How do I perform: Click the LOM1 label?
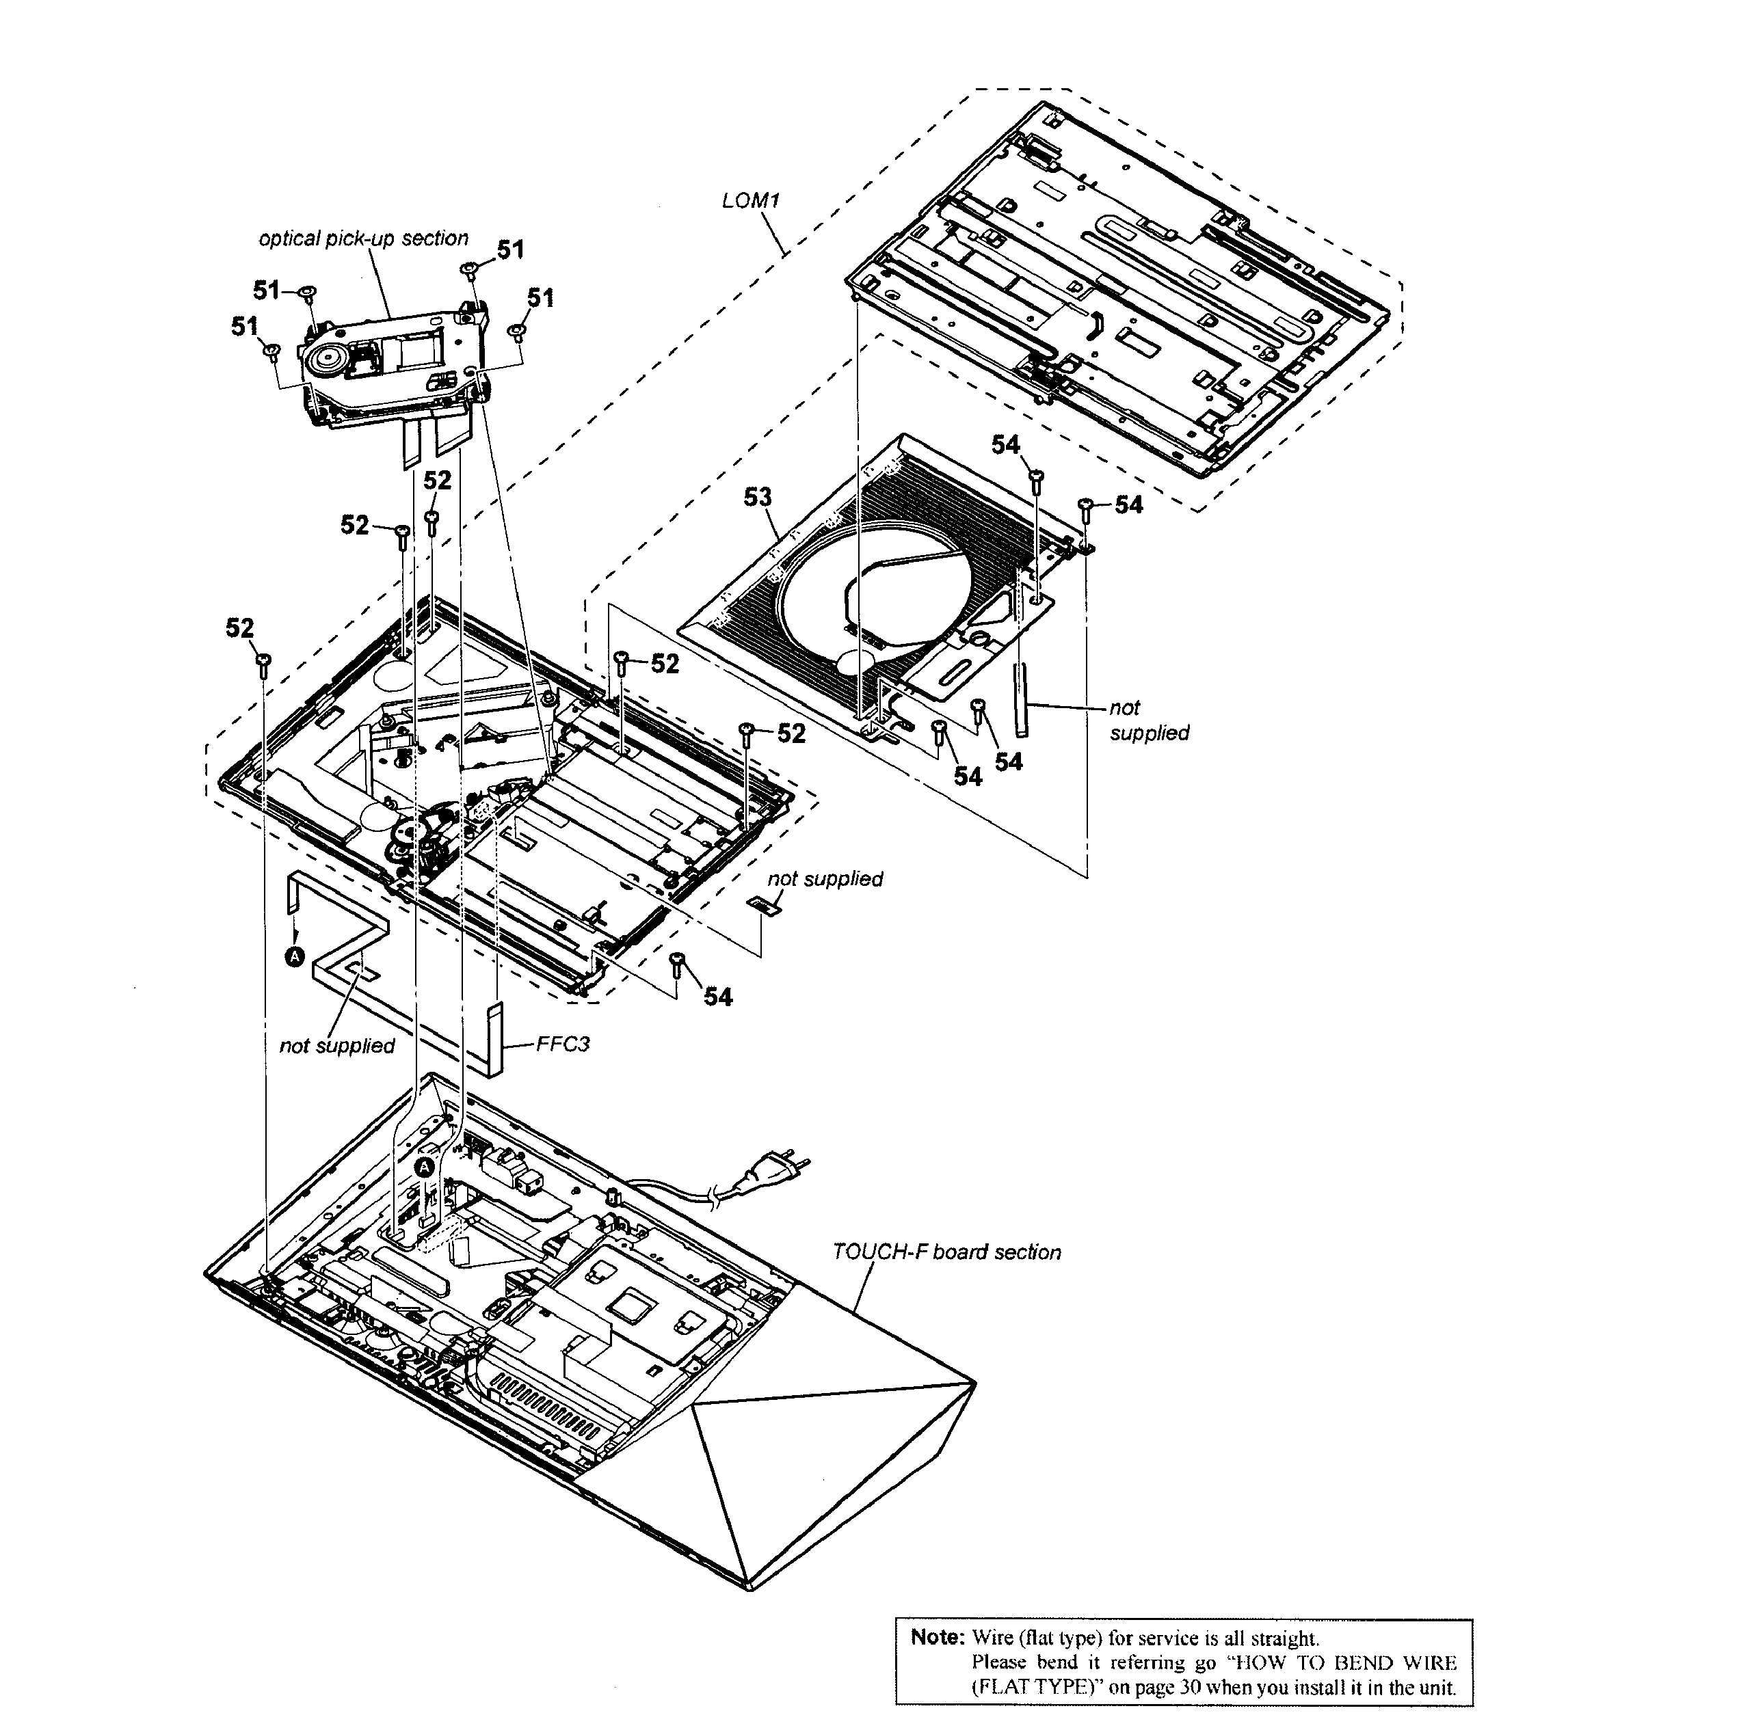click(x=749, y=201)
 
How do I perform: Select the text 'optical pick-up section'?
click(x=364, y=239)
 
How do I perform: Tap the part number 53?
click(x=757, y=497)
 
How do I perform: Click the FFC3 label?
click(x=563, y=1044)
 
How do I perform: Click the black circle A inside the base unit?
click(x=425, y=1167)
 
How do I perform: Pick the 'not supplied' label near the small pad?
click(x=825, y=878)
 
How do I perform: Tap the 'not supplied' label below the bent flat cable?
click(x=336, y=1046)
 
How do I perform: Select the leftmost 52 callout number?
click(x=239, y=628)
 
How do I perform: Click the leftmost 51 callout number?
click(x=245, y=327)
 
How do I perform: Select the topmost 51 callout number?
click(x=510, y=249)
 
